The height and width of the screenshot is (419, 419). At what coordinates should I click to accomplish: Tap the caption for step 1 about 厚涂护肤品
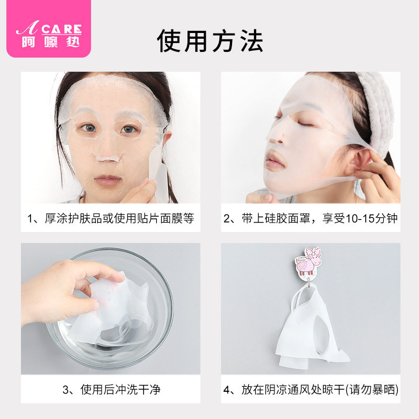[111, 218]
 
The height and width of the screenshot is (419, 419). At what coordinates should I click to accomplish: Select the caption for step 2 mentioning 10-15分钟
[310, 218]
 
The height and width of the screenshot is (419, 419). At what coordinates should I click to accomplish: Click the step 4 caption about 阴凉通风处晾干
[311, 390]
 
